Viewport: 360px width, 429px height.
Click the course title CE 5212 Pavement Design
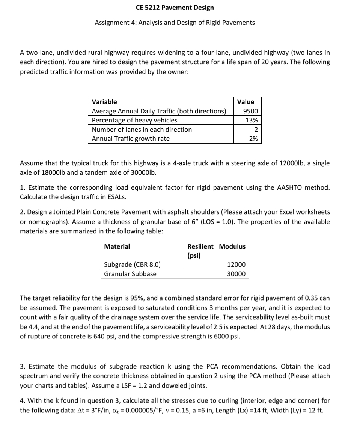pos(175,8)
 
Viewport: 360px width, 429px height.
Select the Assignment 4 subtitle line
pos(175,23)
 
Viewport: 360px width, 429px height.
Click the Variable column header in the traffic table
pos(104,102)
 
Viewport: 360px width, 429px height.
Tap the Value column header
pos(246,102)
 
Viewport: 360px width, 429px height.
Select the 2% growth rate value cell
pos(253,139)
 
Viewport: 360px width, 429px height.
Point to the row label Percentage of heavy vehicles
pos(135,120)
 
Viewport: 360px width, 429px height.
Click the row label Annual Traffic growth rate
pos(131,139)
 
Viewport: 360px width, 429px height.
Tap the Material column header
pos(117,246)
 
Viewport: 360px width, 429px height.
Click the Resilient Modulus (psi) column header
pos(216,251)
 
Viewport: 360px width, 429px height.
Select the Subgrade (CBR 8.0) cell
pos(132,264)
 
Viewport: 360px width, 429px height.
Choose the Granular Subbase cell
pos(130,274)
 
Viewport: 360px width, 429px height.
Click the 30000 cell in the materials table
pos(236,274)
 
